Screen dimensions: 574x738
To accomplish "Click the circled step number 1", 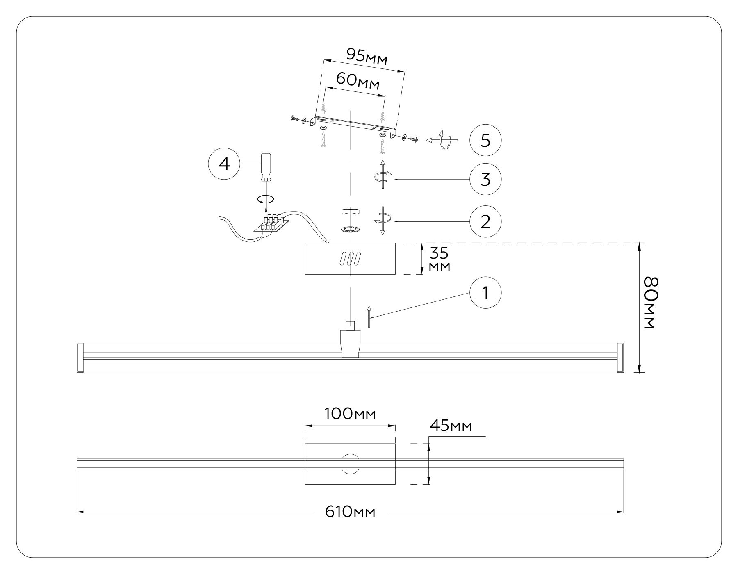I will (485, 294).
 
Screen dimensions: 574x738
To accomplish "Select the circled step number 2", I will (485, 222).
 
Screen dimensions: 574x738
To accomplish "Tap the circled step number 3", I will (485, 179).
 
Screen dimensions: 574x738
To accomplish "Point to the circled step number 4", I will (224, 164).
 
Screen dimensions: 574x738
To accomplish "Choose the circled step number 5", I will (485, 141).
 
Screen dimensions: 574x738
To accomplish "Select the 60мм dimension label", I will (358, 81).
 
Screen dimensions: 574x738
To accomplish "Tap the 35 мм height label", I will (439, 260).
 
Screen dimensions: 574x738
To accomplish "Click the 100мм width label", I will (350, 414).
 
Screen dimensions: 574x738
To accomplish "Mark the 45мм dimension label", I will (451, 426).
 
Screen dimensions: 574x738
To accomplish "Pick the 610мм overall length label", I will (350, 512).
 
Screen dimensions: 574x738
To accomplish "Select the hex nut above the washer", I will (350, 212).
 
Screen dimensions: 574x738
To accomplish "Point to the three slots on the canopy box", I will (350, 259).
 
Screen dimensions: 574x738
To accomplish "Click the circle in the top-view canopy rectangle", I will (350, 464).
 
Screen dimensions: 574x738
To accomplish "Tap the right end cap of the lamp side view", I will (620, 358).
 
